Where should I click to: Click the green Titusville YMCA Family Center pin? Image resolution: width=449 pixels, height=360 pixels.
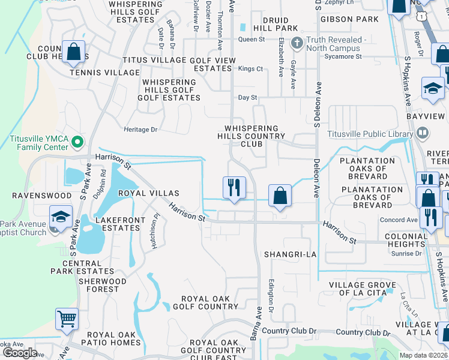point(77,142)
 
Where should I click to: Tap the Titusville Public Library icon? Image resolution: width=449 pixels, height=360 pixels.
point(422,132)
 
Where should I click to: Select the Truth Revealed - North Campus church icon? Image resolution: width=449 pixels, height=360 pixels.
point(295,43)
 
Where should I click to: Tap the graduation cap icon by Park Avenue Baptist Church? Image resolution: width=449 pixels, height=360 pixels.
point(61,216)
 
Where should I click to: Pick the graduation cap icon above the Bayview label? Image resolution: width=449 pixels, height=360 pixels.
point(432,89)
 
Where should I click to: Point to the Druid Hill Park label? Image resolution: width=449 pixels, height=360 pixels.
point(275,25)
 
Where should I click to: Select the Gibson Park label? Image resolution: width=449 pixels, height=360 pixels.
point(357,20)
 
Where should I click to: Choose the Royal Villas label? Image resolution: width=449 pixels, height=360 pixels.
point(148,193)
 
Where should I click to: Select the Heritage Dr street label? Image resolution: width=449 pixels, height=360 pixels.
point(140,129)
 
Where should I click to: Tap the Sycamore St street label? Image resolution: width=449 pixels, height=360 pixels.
point(342,56)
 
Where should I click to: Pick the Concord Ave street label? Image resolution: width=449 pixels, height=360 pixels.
point(398,220)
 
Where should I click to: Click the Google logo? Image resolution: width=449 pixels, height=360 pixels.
point(20,353)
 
